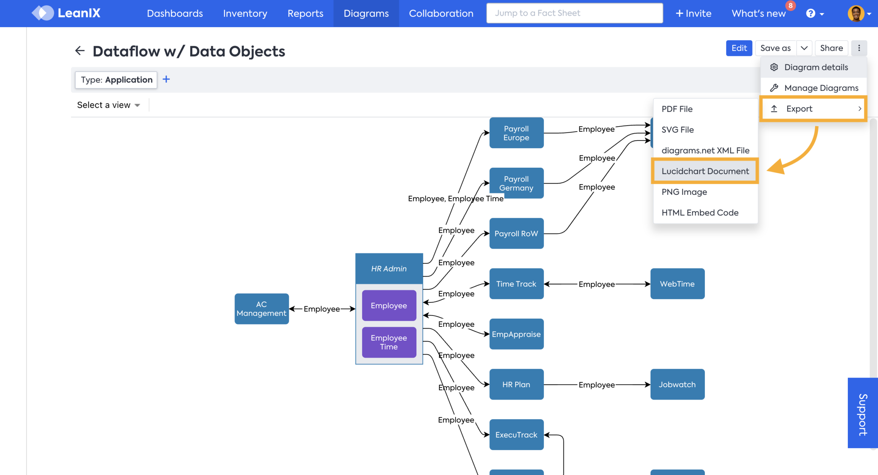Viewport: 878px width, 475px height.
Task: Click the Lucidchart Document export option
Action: [x=705, y=171]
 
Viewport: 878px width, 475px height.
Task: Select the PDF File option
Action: [x=677, y=109]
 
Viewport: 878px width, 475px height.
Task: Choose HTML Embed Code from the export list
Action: [x=700, y=213]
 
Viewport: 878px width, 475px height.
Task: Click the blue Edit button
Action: [x=739, y=48]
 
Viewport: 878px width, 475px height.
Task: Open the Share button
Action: [x=831, y=48]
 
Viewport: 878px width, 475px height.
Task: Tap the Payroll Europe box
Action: [x=516, y=133]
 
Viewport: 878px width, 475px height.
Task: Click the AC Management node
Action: [x=261, y=309]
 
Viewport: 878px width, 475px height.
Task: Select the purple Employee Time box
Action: [x=389, y=342]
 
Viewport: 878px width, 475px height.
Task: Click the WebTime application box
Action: [x=677, y=284]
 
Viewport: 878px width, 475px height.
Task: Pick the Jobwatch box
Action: [x=677, y=384]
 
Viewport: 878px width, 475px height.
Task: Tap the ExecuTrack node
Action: [x=516, y=435]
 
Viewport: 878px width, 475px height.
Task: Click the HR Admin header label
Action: [x=389, y=269]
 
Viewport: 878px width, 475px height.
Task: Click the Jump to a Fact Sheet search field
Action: [x=574, y=13]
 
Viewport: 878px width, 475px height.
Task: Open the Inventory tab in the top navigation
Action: [x=245, y=13]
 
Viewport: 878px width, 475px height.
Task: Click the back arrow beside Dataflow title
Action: [x=80, y=51]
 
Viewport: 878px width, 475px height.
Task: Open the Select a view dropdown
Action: [x=108, y=105]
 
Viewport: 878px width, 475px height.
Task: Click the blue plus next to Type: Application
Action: [x=166, y=79]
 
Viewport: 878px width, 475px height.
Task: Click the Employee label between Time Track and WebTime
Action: [x=596, y=284]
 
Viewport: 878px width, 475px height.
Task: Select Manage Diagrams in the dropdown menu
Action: [x=821, y=88]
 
